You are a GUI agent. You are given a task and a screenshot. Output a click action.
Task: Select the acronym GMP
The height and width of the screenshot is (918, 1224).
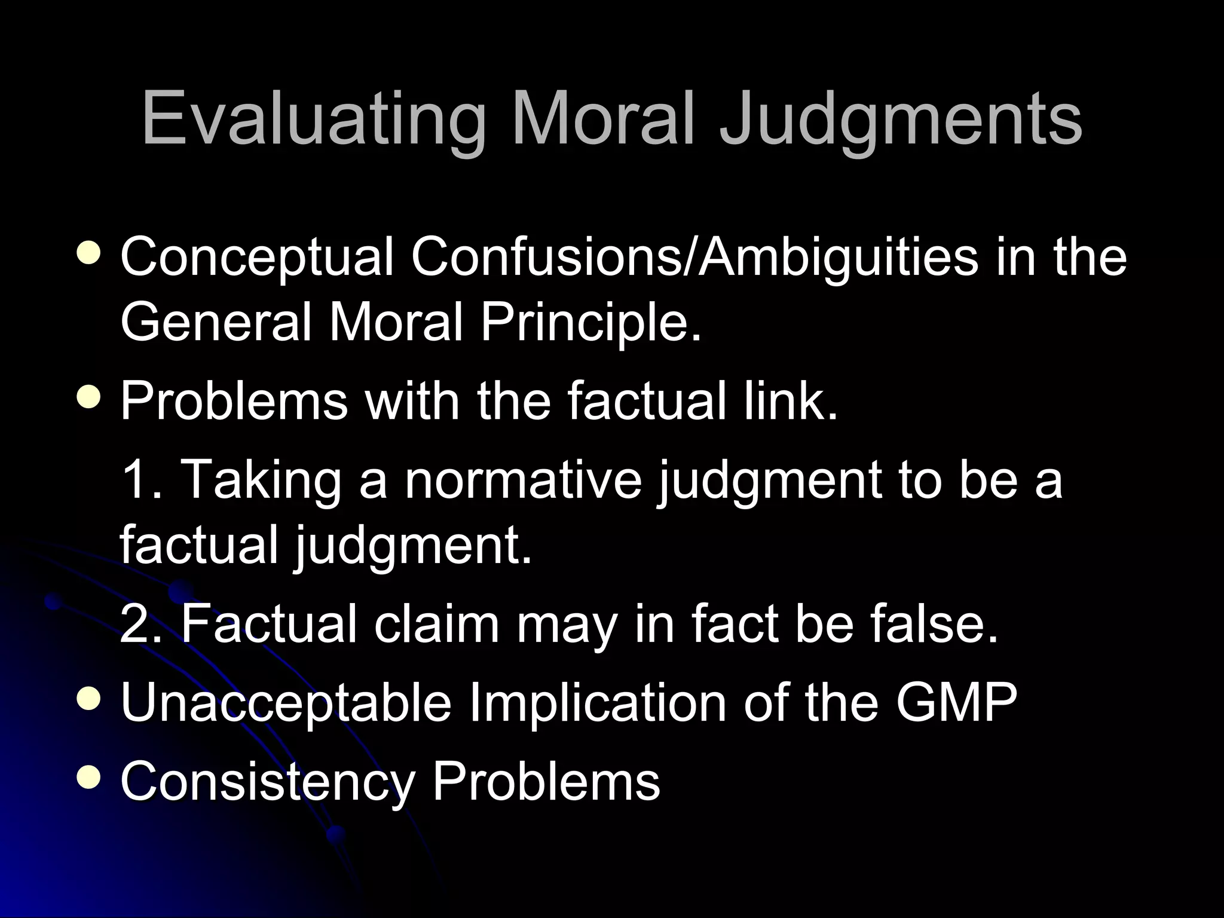click(x=956, y=703)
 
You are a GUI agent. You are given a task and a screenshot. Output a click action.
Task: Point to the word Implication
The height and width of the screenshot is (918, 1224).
click(x=597, y=703)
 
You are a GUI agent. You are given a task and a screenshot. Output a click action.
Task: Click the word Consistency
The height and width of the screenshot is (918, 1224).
click(x=267, y=781)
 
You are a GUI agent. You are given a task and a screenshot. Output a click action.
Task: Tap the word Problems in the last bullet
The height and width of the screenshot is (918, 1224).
click(x=546, y=781)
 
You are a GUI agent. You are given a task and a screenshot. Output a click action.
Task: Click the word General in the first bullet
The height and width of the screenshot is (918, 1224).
click(x=216, y=323)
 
